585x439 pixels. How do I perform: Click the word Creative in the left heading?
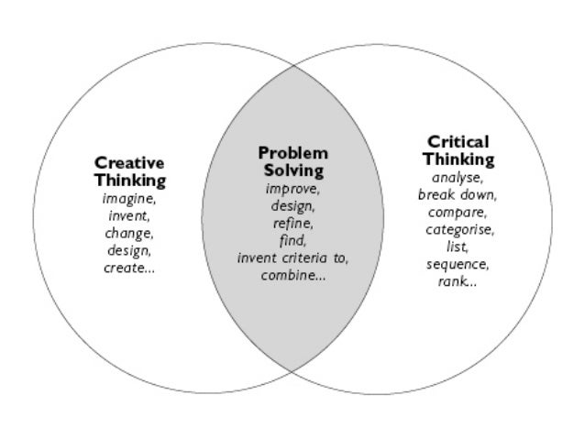130,163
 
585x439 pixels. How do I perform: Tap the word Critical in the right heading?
458,142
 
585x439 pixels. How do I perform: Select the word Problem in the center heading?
292,153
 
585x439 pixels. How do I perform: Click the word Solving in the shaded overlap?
292,170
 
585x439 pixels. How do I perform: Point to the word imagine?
128,198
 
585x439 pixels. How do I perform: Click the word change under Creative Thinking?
128,232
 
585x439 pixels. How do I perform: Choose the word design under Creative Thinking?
128,249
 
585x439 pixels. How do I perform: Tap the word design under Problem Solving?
292,206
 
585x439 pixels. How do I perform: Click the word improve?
292,189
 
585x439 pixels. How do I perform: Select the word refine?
292,223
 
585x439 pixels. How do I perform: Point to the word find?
292,240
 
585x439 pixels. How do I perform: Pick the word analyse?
458,178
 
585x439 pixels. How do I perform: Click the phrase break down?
458,195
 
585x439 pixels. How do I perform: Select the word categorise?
458,229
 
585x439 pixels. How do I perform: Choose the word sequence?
458,264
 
